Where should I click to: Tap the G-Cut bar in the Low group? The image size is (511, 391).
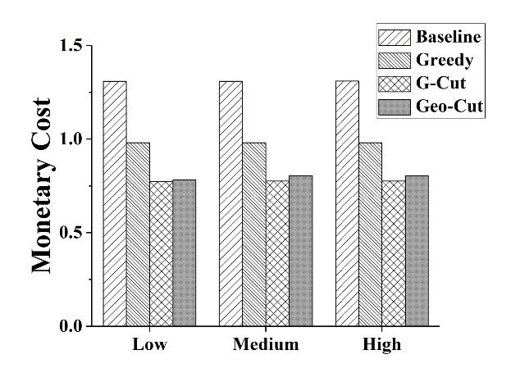(x=161, y=253)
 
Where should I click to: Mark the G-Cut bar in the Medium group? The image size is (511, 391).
(x=277, y=253)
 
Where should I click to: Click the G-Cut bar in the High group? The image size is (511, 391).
(x=393, y=253)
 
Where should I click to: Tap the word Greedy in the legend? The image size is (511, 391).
(x=445, y=60)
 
